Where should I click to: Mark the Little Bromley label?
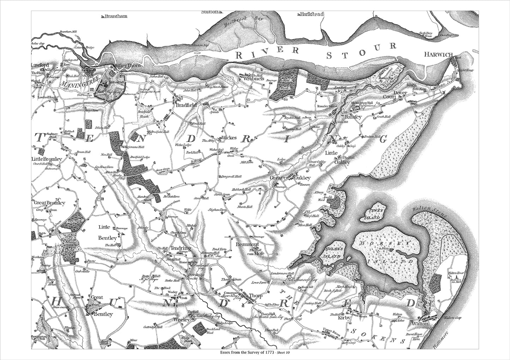[47, 159]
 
